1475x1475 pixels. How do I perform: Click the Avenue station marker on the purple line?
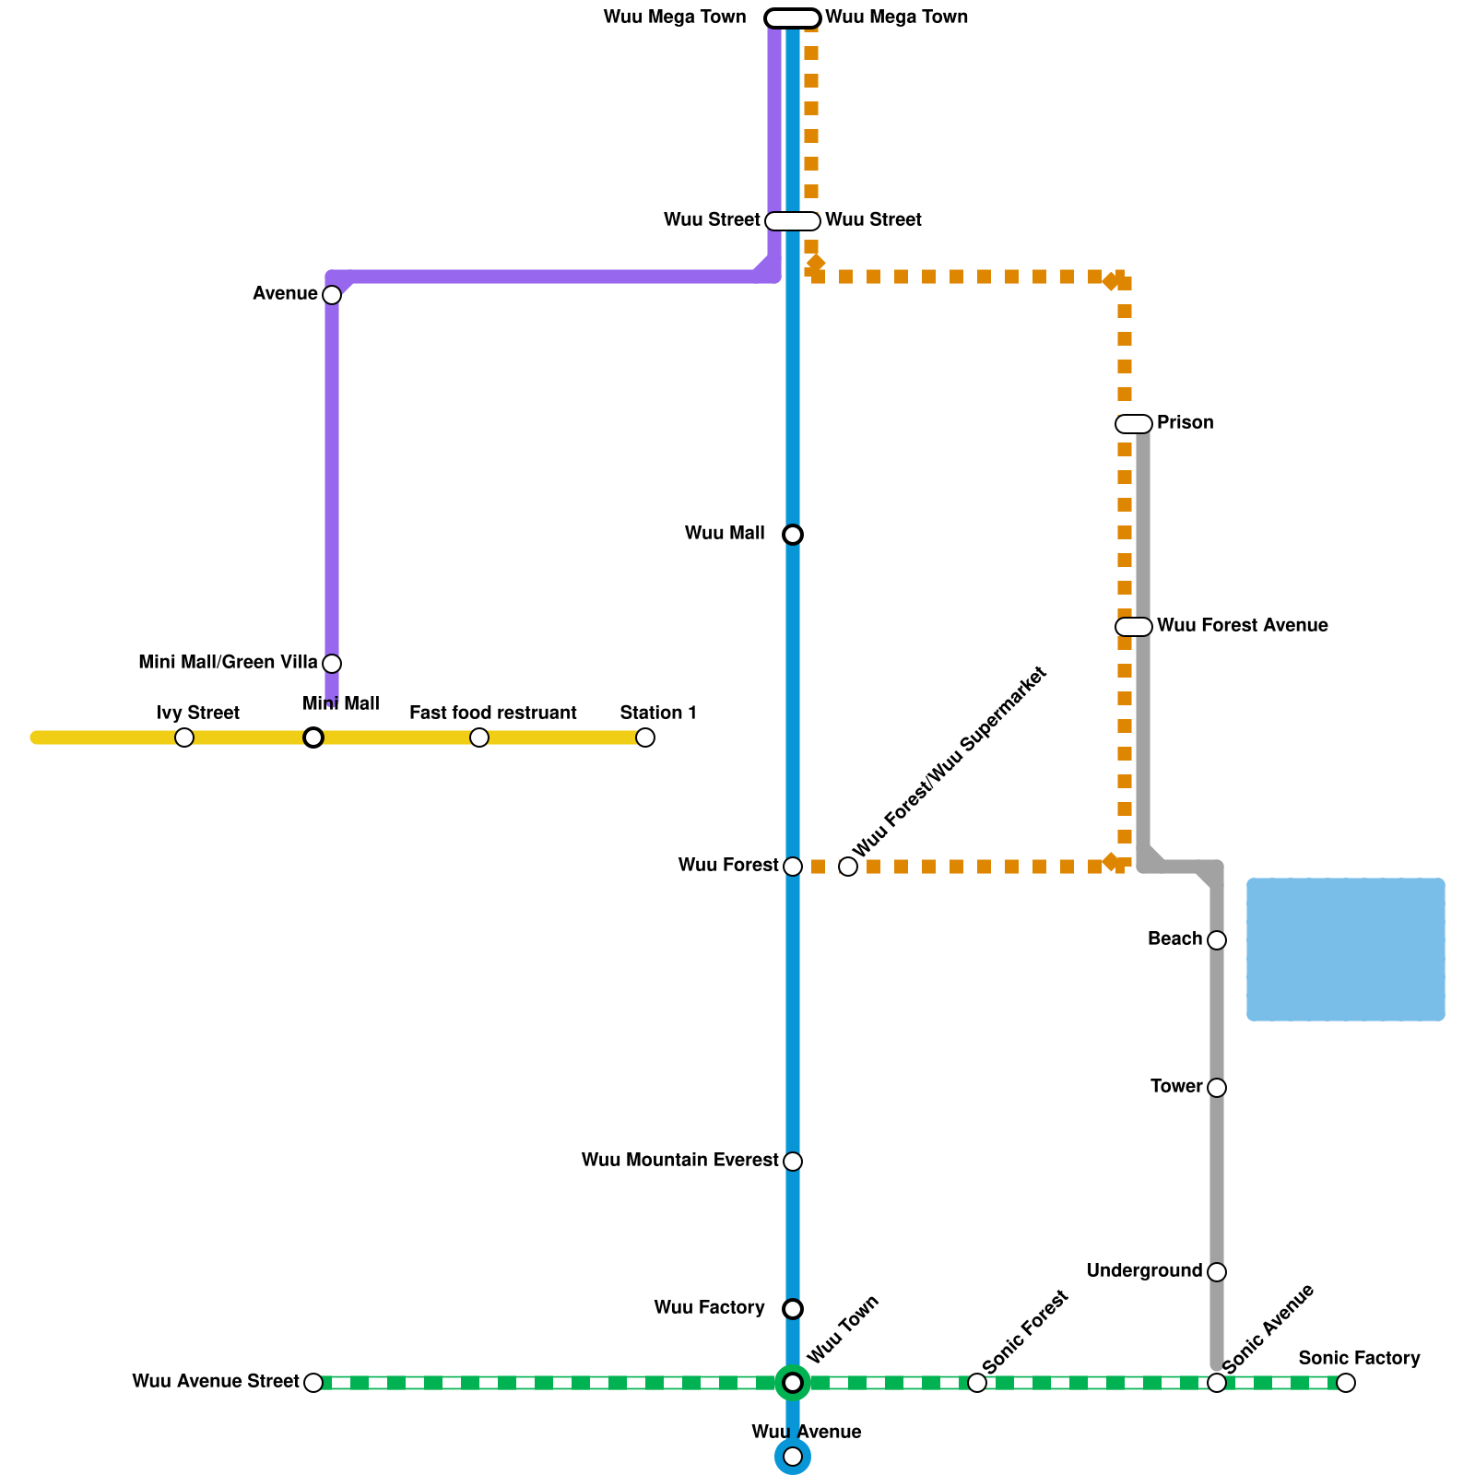tap(332, 295)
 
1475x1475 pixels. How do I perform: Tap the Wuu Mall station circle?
tap(793, 535)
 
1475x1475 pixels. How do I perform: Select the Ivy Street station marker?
tap(184, 737)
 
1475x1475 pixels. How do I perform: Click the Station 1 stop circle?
tap(645, 737)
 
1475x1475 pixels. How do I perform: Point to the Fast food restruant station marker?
tap(479, 737)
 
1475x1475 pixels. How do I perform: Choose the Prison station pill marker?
tap(1134, 424)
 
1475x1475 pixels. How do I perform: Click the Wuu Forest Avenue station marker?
tap(1134, 627)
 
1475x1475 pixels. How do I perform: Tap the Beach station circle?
tap(1217, 940)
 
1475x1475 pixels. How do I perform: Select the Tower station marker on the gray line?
tap(1217, 1088)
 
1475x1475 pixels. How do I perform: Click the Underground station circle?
tap(1217, 1272)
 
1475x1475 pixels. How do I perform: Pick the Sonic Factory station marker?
tap(1346, 1383)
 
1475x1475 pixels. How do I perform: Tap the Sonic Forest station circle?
tap(977, 1383)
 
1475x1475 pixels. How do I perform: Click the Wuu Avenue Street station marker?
tap(313, 1383)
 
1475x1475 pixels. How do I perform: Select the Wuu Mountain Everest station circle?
tap(793, 1162)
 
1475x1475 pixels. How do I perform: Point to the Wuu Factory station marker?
tap(793, 1309)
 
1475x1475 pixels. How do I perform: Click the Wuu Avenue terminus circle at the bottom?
tap(793, 1457)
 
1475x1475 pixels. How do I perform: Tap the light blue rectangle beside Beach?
tap(1346, 950)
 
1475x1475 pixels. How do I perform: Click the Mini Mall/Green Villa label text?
tap(228, 663)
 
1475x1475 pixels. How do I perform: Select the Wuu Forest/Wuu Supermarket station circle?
tap(848, 867)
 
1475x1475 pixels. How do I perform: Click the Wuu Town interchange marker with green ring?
tap(793, 1383)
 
